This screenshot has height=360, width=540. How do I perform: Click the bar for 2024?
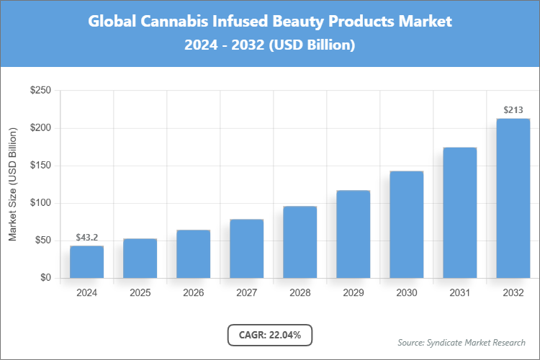click(86, 262)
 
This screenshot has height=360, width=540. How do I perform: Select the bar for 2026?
click(193, 254)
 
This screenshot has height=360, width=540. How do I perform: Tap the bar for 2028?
click(300, 242)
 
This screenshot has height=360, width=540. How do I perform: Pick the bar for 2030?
click(406, 225)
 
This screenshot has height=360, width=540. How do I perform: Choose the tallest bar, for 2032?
click(513, 198)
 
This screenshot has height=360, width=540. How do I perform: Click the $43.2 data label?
click(86, 238)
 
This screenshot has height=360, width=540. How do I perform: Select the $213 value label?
click(513, 110)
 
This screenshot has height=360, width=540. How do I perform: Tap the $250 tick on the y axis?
click(40, 91)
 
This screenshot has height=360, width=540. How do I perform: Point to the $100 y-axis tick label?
click(40, 203)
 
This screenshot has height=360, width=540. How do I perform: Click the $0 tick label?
click(45, 278)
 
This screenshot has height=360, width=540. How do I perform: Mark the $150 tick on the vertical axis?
click(40, 166)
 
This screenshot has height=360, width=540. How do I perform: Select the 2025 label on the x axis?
click(140, 293)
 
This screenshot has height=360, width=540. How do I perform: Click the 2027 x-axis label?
click(246, 293)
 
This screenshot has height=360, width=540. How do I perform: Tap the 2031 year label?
click(459, 293)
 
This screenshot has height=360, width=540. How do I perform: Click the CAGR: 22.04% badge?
click(269, 335)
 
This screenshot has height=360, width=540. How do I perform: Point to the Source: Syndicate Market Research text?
click(461, 342)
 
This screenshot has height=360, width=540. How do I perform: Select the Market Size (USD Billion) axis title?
click(13, 184)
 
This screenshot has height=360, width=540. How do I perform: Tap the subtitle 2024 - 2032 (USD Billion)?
click(270, 45)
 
